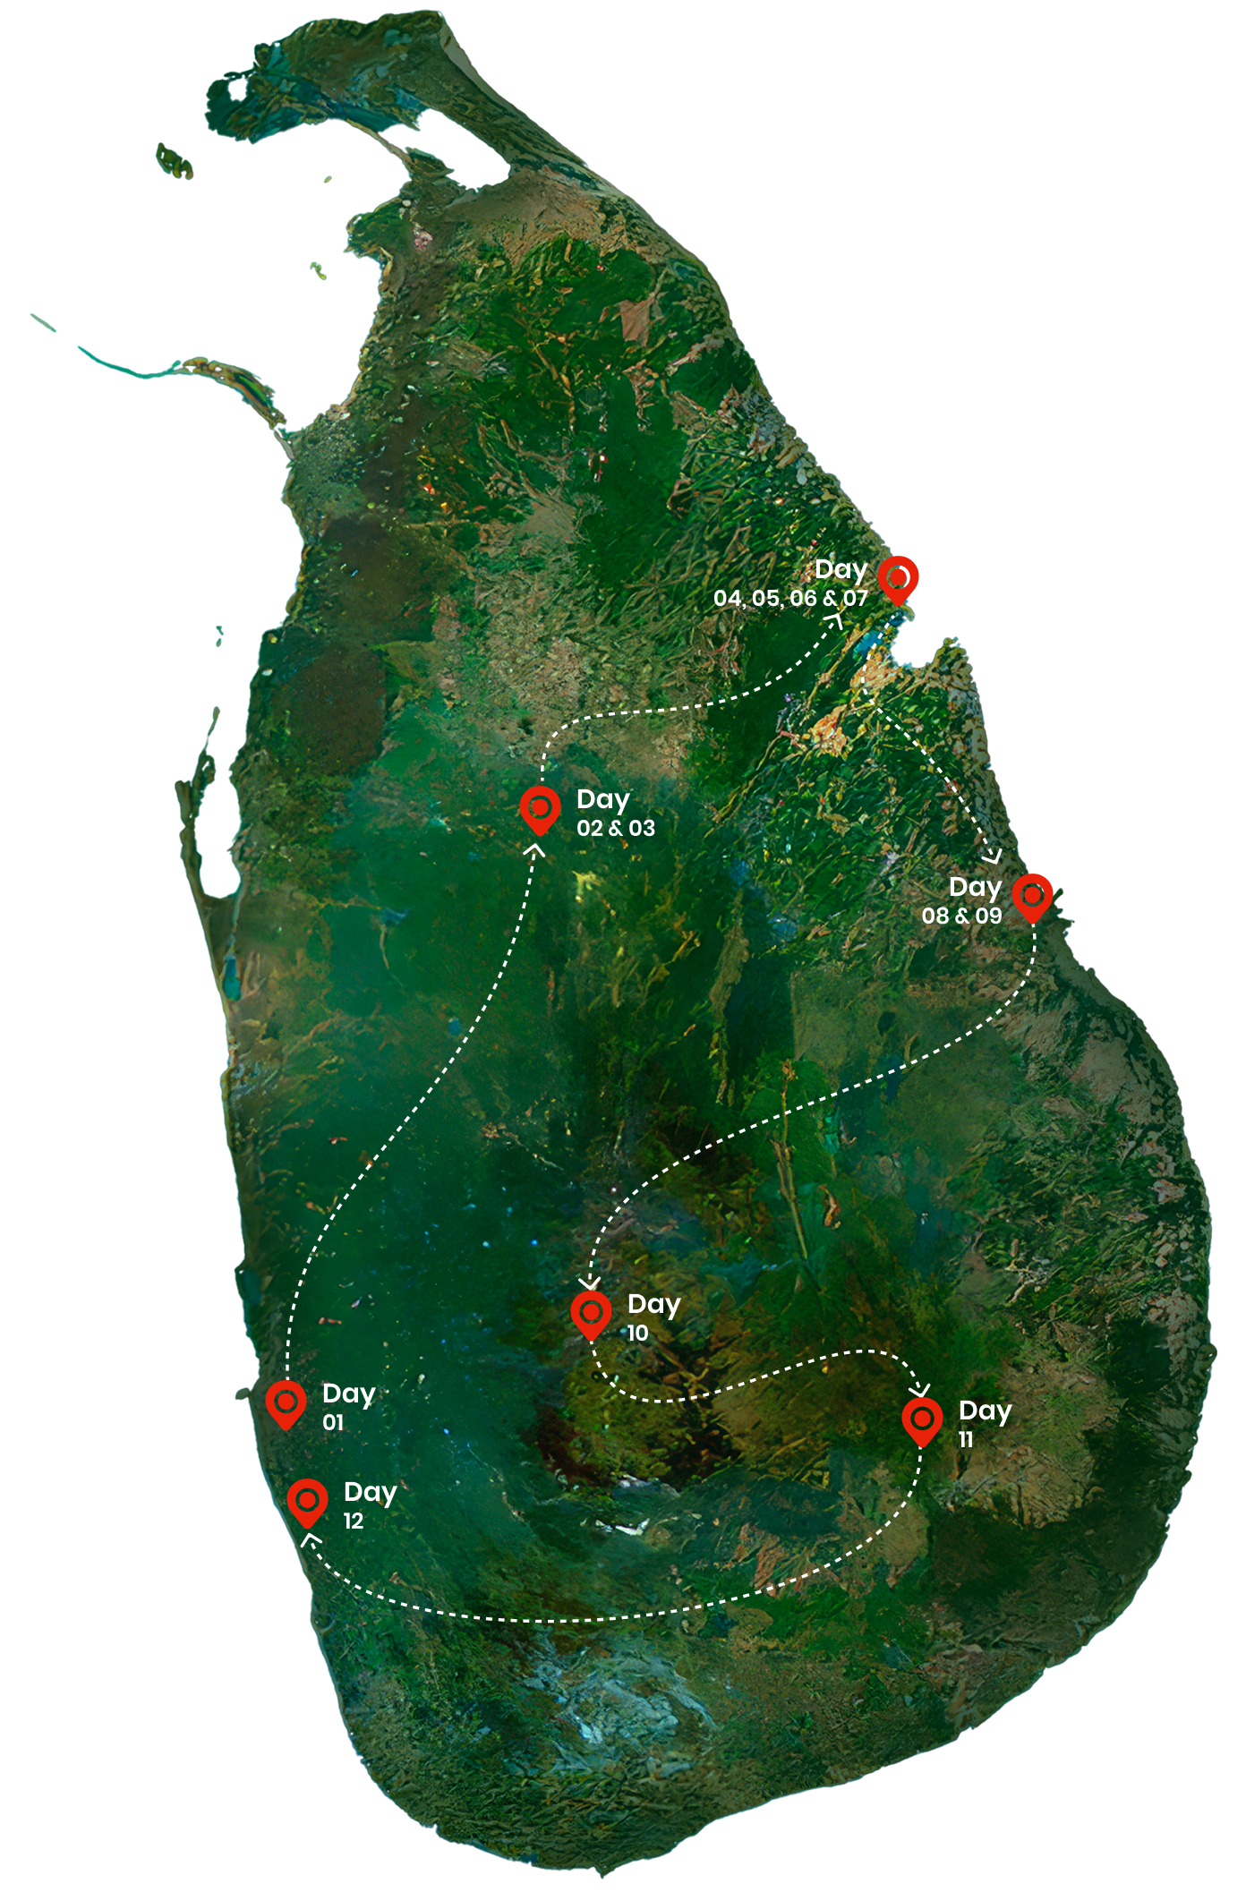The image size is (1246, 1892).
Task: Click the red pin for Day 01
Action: coord(286,1402)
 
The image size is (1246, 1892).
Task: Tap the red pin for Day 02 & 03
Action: coord(540,809)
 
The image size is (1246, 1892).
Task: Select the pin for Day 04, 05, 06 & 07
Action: coord(898,578)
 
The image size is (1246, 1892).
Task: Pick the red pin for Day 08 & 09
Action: coord(1032,897)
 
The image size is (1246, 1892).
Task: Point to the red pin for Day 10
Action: coord(591,1314)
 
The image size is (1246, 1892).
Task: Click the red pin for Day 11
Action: coord(922,1420)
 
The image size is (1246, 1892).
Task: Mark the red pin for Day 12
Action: coord(307,1501)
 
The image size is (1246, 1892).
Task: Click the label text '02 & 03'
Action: coord(616,829)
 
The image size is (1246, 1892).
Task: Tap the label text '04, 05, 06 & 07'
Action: coord(790,599)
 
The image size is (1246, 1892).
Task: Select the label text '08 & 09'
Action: coord(961,916)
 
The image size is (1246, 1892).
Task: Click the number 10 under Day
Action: coord(637,1334)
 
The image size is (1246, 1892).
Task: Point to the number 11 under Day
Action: coord(966,1440)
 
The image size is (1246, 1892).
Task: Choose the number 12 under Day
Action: coord(354,1521)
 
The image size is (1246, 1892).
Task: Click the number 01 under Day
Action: coord(333,1423)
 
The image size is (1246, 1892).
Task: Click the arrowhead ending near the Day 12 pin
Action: coord(310,1539)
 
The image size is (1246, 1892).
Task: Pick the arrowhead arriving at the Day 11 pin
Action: coord(919,1390)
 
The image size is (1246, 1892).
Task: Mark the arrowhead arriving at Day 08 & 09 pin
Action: coord(992,858)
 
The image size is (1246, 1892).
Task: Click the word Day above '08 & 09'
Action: coord(975,888)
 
